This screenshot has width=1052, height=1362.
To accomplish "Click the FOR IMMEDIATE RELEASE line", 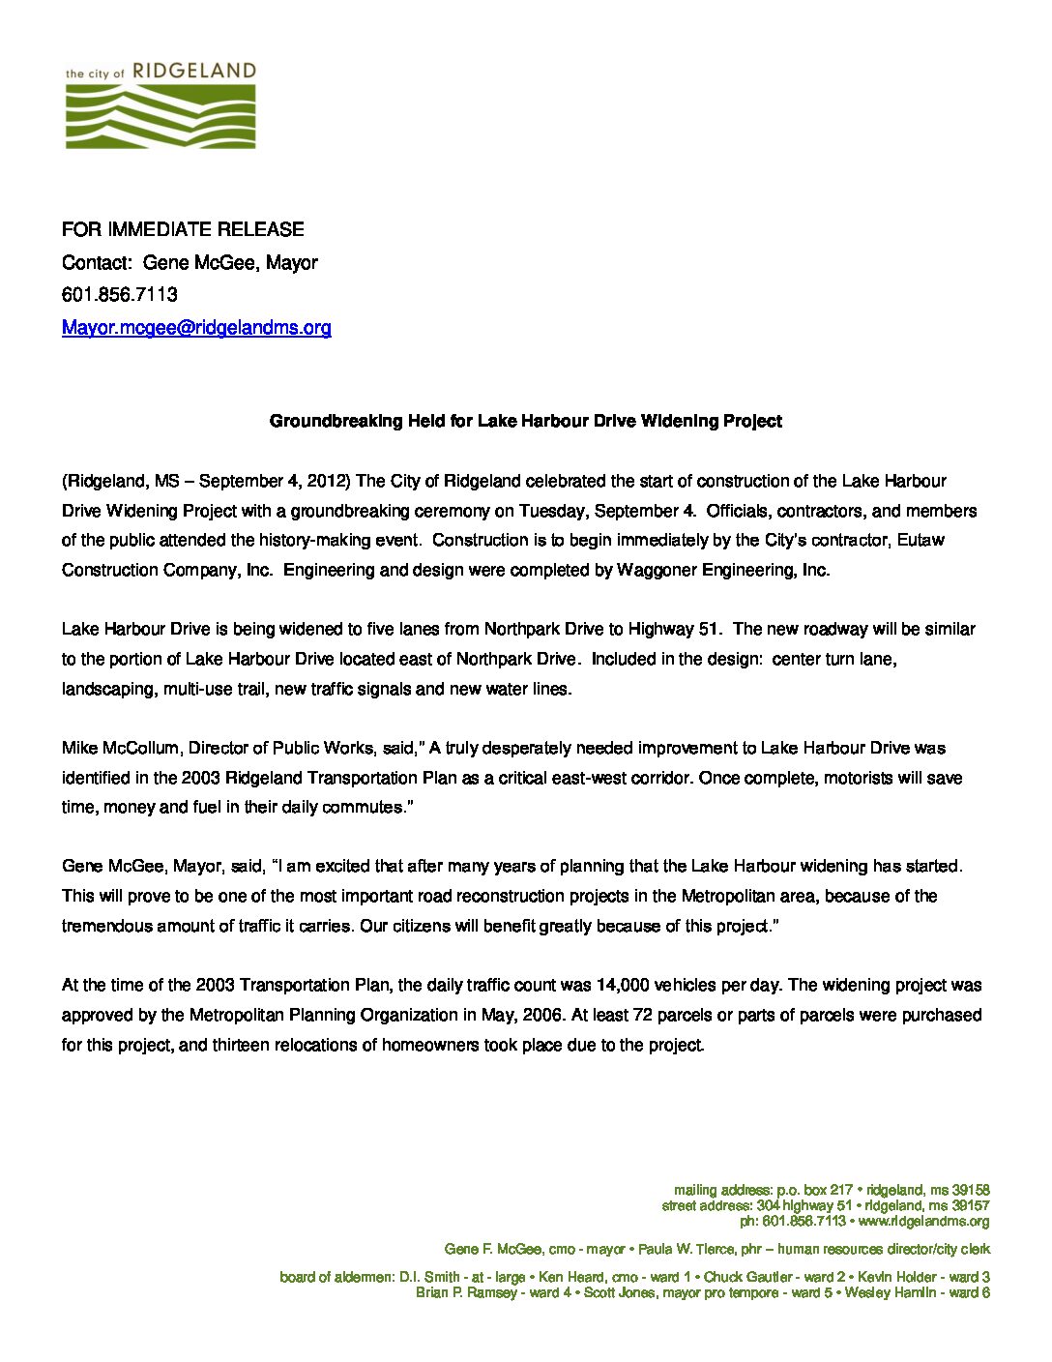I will click(183, 229).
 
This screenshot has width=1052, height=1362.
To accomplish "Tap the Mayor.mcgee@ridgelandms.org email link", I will click(196, 327).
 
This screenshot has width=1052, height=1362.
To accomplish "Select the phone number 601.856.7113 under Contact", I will click(120, 294).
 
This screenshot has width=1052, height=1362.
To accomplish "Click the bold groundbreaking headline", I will click(525, 421).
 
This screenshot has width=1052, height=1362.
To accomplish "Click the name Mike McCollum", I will click(120, 748).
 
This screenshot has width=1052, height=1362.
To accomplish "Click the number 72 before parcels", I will click(641, 1016).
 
